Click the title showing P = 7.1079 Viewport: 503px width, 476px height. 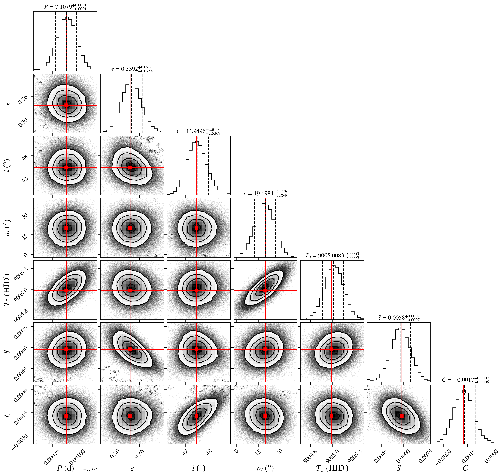[x=65, y=7]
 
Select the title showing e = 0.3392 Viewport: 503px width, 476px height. [x=132, y=69]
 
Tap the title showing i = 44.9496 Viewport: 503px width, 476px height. [x=199, y=131]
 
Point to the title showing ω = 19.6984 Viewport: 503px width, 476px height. [x=265, y=193]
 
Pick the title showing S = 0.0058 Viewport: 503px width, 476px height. [x=399, y=318]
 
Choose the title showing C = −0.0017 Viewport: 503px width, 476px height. [x=465, y=380]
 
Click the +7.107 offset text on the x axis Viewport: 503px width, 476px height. [x=90, y=469]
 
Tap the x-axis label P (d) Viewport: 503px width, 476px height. [x=65, y=468]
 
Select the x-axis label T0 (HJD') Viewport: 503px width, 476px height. [x=332, y=468]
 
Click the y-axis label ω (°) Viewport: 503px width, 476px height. [x=8, y=228]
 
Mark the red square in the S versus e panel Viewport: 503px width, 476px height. [x=130, y=349]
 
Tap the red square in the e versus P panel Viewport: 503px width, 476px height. [x=66, y=105]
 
